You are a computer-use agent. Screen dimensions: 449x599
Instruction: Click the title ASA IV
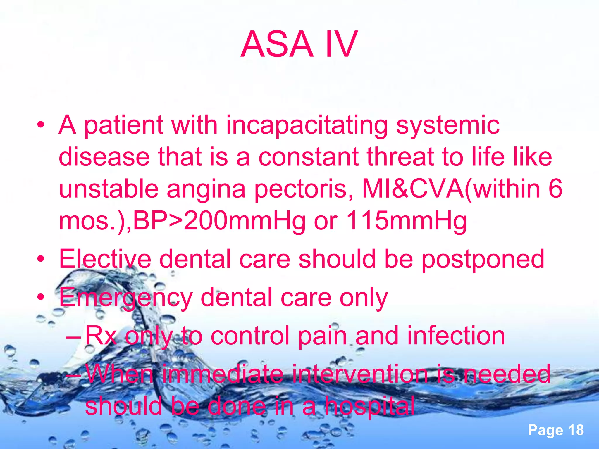(x=299, y=44)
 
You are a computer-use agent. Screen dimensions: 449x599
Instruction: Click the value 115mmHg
(x=407, y=221)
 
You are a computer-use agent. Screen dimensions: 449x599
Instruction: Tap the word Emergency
(x=126, y=298)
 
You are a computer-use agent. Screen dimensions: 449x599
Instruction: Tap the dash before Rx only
(x=73, y=336)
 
